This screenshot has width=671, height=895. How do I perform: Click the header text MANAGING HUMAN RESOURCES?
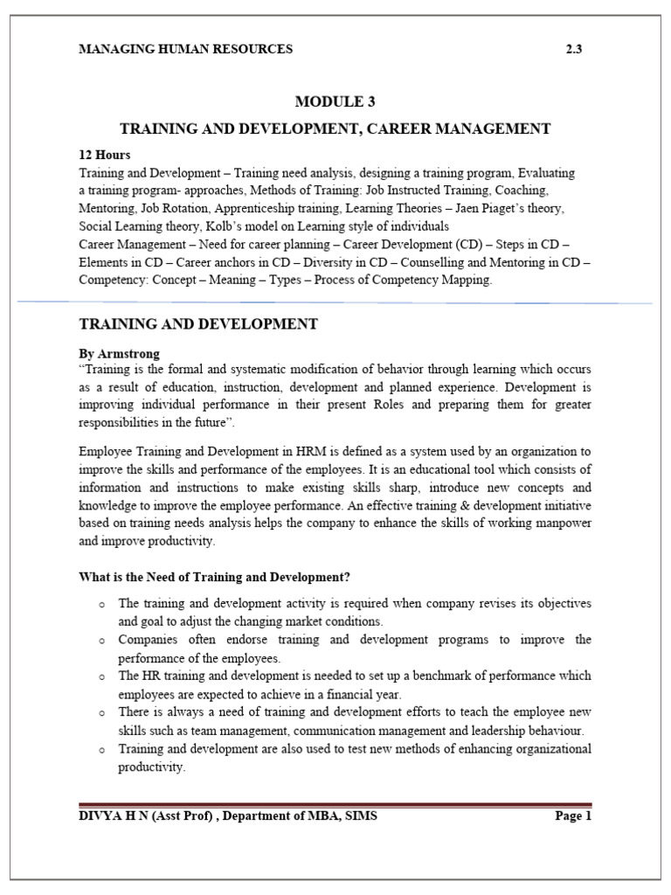185,49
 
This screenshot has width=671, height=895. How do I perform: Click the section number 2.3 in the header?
574,49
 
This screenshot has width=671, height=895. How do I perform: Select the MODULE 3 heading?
335,101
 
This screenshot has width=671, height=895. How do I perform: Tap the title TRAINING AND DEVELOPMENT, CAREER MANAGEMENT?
335,128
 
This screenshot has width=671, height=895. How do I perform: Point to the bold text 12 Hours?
105,155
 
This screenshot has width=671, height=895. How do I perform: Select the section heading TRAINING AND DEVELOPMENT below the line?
198,324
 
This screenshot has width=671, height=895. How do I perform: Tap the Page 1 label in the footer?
573,817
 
